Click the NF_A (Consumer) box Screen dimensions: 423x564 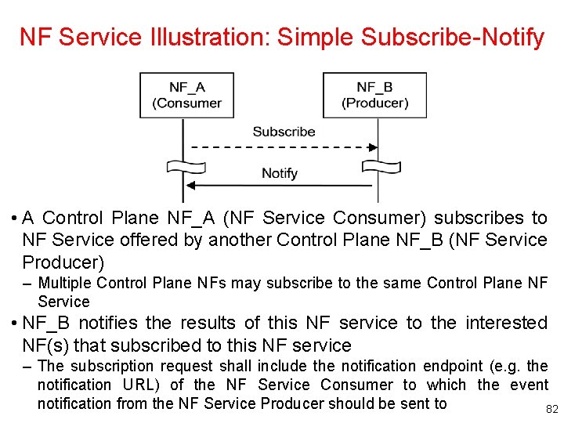(x=186, y=95)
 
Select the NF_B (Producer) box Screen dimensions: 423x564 (x=374, y=95)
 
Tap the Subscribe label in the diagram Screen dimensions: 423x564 (x=284, y=132)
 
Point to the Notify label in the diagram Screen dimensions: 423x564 (x=280, y=173)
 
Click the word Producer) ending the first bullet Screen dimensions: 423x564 (x=63, y=262)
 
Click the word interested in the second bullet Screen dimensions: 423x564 (x=507, y=323)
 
